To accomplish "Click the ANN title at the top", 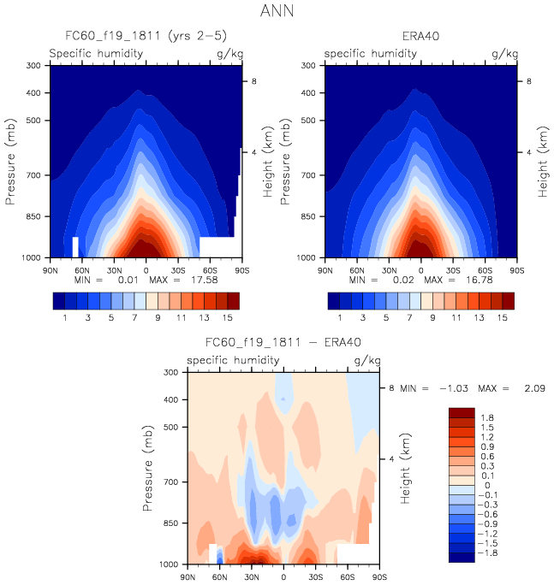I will [276, 13].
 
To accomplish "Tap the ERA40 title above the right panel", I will [420, 37].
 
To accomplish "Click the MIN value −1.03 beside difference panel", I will [451, 388].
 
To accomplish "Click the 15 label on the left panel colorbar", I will [228, 317].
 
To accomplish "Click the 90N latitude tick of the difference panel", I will [188, 576].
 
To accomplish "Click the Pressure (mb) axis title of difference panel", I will [151, 467].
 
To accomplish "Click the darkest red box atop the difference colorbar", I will [462, 412].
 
